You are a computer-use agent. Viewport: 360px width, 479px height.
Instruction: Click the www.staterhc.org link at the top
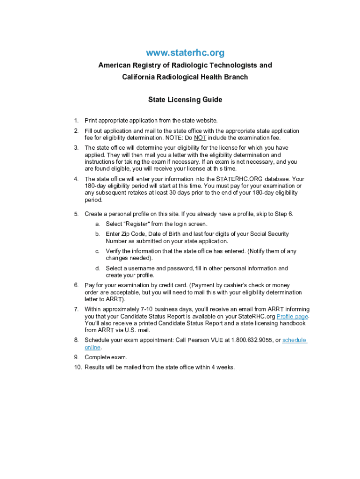point(185,52)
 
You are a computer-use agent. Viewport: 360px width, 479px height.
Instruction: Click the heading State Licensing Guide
point(185,100)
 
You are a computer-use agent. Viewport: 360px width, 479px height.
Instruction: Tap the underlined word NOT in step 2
point(200,138)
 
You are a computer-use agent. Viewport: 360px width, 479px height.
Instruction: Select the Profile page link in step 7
point(293,316)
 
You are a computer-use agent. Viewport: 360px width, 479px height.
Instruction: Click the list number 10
point(77,367)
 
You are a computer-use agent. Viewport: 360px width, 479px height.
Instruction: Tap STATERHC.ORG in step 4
point(239,179)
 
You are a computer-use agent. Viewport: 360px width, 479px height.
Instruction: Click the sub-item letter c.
point(97,251)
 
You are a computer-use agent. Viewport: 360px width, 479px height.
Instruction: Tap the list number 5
point(76,214)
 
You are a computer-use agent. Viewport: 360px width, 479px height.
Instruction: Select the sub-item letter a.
point(97,224)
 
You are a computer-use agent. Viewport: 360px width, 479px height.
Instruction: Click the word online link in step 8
point(93,347)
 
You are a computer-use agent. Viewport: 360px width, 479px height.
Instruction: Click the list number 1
point(76,121)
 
